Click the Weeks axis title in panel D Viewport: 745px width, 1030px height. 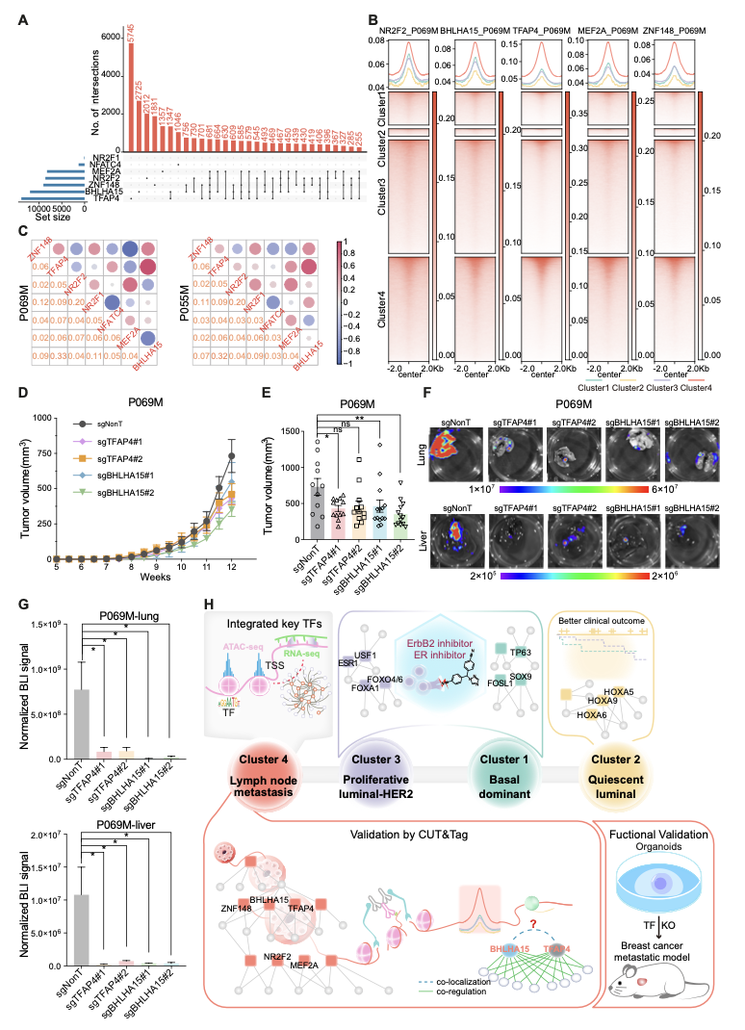pyautogui.click(x=148, y=577)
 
